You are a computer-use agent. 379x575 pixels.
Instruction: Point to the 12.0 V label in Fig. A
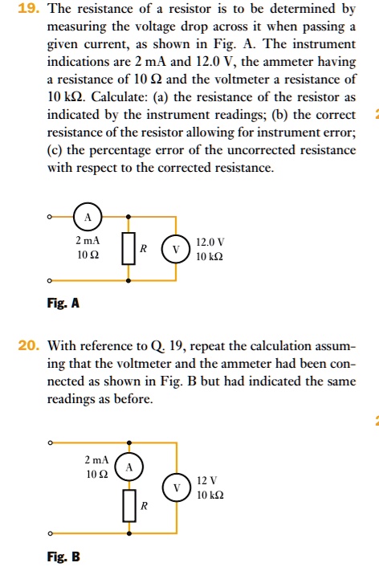210,241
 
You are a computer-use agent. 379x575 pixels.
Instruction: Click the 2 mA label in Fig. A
88,241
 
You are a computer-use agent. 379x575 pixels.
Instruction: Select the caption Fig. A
63,304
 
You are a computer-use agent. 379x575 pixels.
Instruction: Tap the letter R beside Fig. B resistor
144,506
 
